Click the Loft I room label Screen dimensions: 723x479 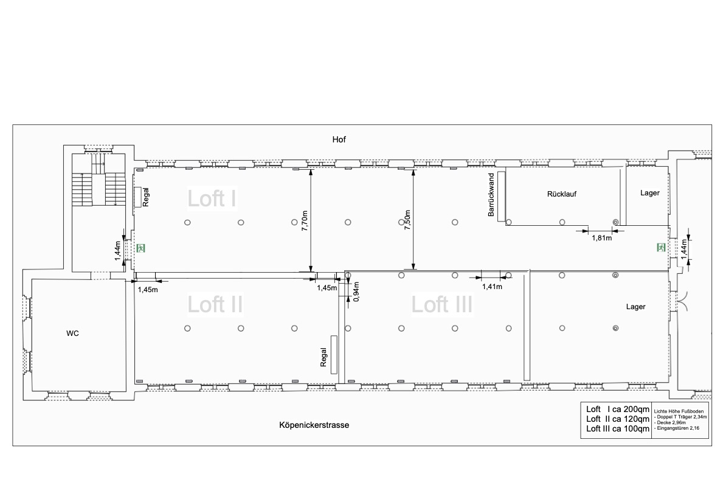pyautogui.click(x=212, y=198)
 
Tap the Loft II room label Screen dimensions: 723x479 pyautogui.click(x=215, y=304)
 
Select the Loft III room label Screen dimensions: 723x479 pyautogui.click(x=441, y=304)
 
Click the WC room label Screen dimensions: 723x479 pyautogui.click(x=72, y=333)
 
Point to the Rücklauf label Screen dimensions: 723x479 pyautogui.click(x=562, y=194)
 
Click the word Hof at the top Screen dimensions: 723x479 pyautogui.click(x=339, y=139)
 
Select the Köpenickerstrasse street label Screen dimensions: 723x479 pyautogui.click(x=314, y=425)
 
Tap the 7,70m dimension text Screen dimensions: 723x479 pyautogui.click(x=305, y=220)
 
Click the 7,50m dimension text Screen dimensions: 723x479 pyautogui.click(x=407, y=220)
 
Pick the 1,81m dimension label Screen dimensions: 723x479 pyautogui.click(x=602, y=237)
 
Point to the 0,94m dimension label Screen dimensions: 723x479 pyautogui.click(x=356, y=291)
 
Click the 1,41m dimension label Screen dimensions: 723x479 pyautogui.click(x=492, y=287)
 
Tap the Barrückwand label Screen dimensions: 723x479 pyautogui.click(x=491, y=195)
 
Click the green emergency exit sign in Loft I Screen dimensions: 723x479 pyautogui.click(x=140, y=248)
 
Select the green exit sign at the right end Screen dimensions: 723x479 pyautogui.click(x=661, y=247)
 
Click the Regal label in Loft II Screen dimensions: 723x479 pyautogui.click(x=323, y=357)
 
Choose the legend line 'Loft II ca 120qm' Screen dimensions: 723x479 pyautogui.click(x=617, y=419)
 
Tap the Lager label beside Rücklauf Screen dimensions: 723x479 pyautogui.click(x=649, y=193)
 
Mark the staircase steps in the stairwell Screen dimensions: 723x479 pyautogui.click(x=99, y=182)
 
